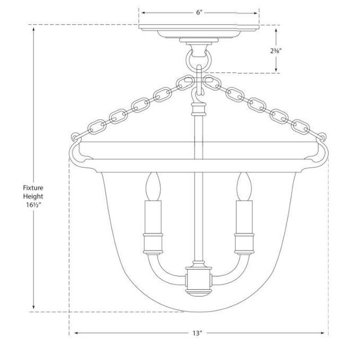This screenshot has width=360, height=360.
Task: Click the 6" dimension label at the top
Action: tap(199, 12)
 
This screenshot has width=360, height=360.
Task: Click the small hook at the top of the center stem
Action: tap(197, 104)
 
